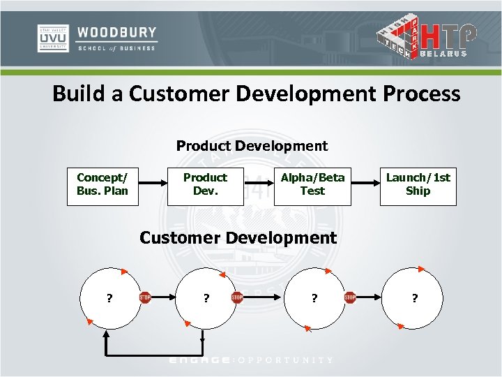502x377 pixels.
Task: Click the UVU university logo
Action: point(52,38)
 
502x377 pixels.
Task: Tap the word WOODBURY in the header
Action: point(117,33)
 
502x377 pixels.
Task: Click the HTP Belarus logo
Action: point(427,38)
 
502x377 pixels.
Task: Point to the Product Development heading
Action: point(252,146)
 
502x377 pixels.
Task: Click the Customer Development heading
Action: point(238,237)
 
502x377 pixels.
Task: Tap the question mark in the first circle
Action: point(109,298)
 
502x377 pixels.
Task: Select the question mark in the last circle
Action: point(415,298)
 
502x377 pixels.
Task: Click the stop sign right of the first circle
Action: point(145,297)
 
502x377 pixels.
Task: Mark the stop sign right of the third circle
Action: point(350,297)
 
